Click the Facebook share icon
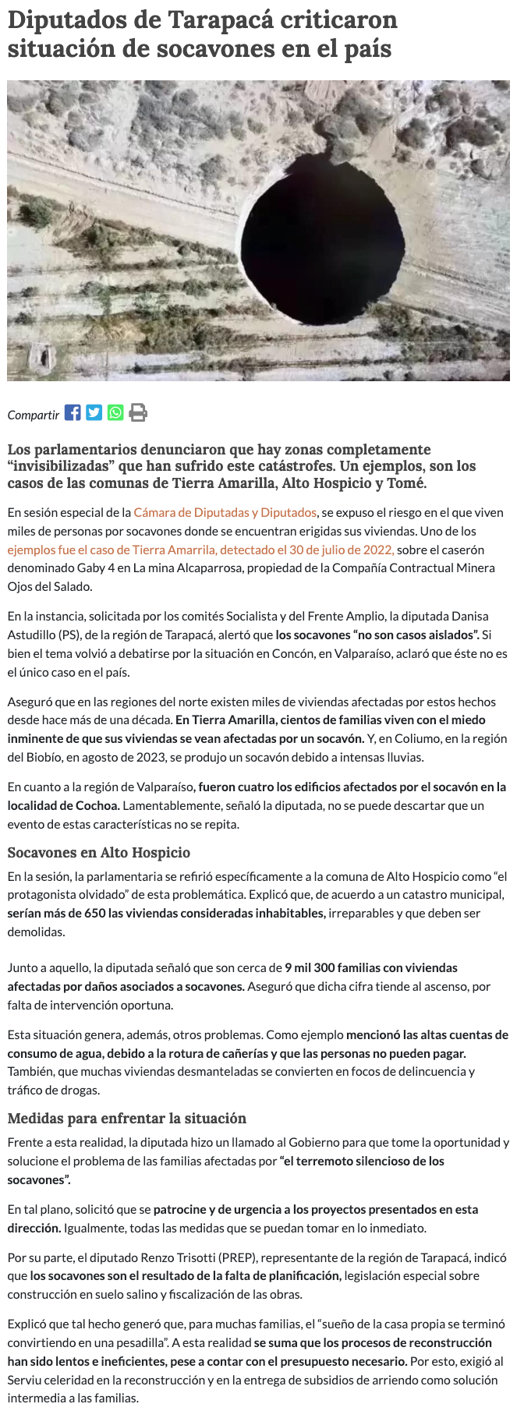(x=73, y=412)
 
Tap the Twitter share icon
(x=94, y=412)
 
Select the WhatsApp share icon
(x=115, y=412)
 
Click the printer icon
(x=138, y=412)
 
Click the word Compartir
(x=34, y=415)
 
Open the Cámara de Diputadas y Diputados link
(x=225, y=512)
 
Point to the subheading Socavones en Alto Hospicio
(x=99, y=852)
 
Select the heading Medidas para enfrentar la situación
(x=127, y=1118)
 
